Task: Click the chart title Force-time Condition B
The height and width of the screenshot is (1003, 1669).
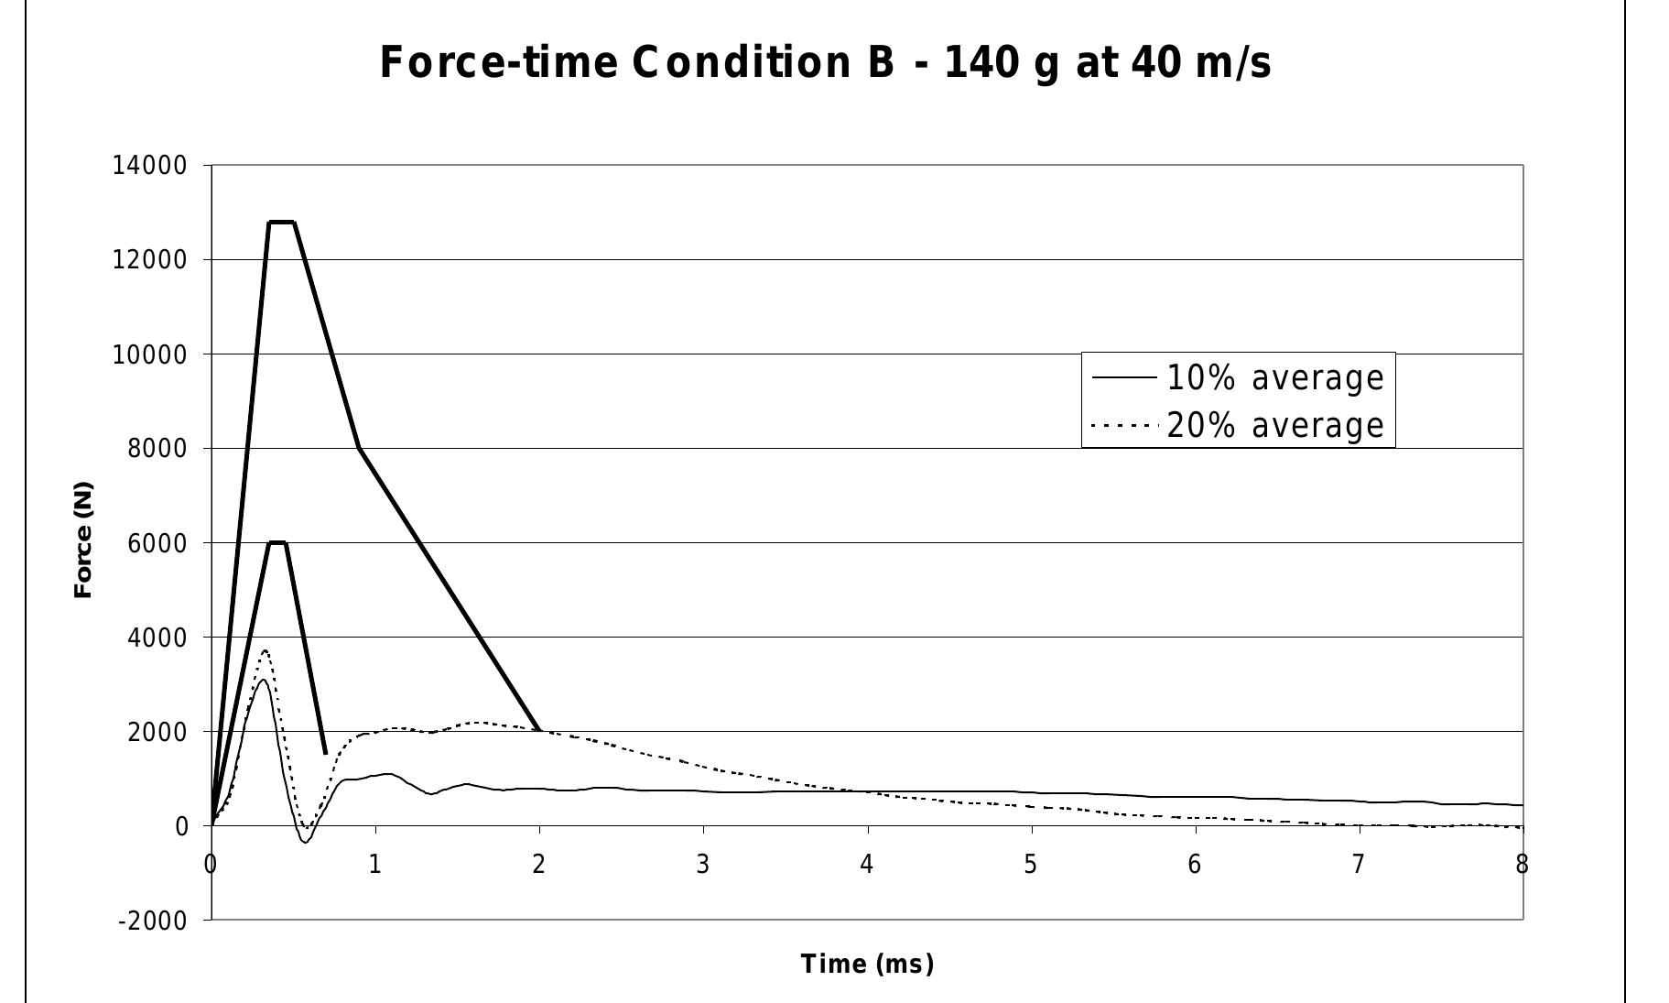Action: pos(825,62)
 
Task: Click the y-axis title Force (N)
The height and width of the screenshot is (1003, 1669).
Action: pos(83,540)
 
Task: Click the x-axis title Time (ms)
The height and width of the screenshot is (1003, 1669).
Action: pos(867,964)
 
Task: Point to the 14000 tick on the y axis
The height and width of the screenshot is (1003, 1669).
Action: pos(149,166)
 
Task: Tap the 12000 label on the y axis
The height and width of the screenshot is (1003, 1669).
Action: pos(149,260)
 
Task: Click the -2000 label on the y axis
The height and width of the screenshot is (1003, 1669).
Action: pos(152,921)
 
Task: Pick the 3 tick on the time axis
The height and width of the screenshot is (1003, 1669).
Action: pos(702,865)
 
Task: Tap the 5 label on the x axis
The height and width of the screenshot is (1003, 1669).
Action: pos(1031,865)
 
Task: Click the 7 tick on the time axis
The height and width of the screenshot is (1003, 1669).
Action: pos(1359,865)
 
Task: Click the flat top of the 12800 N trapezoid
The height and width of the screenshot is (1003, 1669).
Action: pos(281,222)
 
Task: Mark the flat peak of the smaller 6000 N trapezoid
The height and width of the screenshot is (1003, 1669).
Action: pos(277,542)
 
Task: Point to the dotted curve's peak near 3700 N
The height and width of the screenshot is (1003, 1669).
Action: pos(265,650)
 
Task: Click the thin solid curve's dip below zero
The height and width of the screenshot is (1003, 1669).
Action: pos(305,841)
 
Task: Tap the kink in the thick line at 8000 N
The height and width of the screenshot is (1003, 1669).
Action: pos(359,448)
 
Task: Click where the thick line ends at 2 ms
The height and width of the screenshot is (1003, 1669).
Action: pos(539,730)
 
